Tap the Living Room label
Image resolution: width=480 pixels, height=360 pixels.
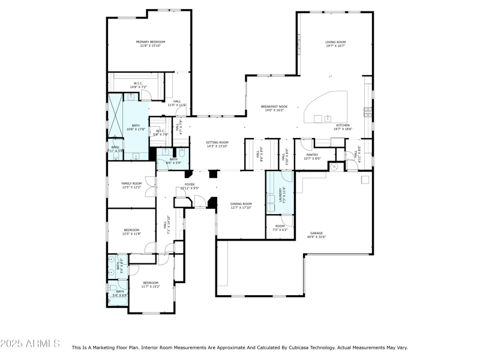[x=335, y=44]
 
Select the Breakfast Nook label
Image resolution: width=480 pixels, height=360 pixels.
[x=274, y=108]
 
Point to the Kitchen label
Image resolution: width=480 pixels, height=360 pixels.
[x=343, y=127]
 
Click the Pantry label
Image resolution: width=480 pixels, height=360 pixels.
[x=312, y=156]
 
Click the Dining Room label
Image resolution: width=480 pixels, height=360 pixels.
[x=241, y=206]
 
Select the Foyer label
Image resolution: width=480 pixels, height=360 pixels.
[x=189, y=186]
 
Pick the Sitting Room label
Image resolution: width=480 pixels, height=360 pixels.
[x=217, y=144]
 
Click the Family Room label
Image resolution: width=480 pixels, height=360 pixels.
[x=131, y=185]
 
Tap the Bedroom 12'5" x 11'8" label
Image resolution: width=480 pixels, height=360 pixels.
[x=131, y=232]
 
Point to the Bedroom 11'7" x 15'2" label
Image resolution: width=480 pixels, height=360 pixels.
[x=150, y=284]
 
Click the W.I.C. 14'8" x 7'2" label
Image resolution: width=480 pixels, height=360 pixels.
[x=138, y=85]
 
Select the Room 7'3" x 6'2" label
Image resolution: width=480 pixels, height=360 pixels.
[x=280, y=228]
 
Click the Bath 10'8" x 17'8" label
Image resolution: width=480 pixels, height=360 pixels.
[x=136, y=127]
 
